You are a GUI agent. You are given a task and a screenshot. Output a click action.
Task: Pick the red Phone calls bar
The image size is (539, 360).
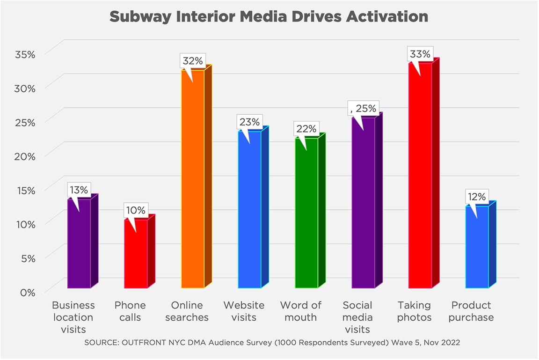[x=136, y=255]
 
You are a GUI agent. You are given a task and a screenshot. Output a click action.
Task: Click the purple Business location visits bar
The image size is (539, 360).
[x=79, y=243]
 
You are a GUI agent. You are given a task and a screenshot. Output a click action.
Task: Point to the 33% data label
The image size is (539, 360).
[x=420, y=54]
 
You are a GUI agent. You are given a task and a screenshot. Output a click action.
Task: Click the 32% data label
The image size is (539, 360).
[x=192, y=61]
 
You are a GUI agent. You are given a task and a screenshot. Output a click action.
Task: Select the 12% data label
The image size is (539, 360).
[x=476, y=197]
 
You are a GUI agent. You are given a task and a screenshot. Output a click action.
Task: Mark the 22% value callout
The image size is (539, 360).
[x=306, y=129]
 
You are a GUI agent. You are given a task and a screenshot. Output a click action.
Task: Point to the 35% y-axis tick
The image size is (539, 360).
[x=24, y=54]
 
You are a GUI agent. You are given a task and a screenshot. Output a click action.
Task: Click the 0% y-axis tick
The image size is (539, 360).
[x=27, y=292]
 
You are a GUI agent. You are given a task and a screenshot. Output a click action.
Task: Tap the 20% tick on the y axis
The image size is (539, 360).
[x=24, y=156]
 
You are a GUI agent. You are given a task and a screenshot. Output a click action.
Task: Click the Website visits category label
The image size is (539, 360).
[x=244, y=311]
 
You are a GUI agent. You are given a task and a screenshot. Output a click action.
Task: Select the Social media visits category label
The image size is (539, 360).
[x=357, y=317]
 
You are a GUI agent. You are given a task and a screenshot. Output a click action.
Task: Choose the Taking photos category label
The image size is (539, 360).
[x=414, y=311]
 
